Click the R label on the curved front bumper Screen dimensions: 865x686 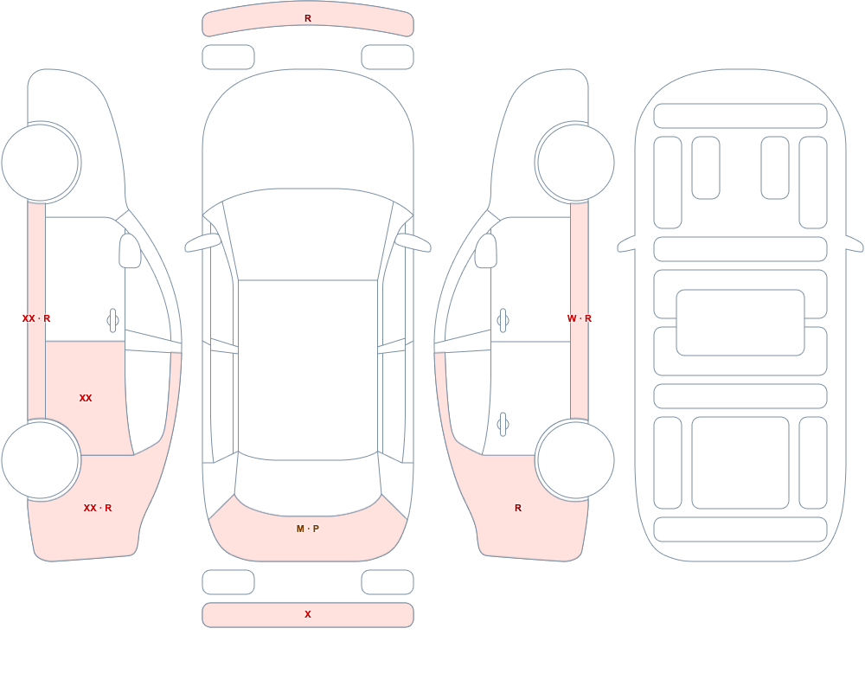[308, 18]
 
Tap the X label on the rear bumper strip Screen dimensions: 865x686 [308, 614]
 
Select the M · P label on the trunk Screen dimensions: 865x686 [308, 529]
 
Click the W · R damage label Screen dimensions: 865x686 [580, 318]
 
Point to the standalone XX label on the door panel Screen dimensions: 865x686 [86, 398]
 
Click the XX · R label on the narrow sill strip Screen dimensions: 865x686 [36, 318]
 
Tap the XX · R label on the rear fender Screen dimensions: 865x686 [98, 508]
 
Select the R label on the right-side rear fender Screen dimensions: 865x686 [518, 508]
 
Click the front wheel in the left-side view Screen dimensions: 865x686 [41, 163]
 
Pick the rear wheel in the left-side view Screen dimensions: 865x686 [41, 459]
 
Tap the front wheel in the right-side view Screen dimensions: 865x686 [575, 163]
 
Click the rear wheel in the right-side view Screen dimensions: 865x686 [575, 459]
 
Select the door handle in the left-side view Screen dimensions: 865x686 [112, 321]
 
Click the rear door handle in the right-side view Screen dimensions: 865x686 [503, 425]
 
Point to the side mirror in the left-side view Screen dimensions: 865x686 [130, 251]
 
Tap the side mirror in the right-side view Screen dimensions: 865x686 [486, 251]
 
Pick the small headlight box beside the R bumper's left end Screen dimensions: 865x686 [228, 57]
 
